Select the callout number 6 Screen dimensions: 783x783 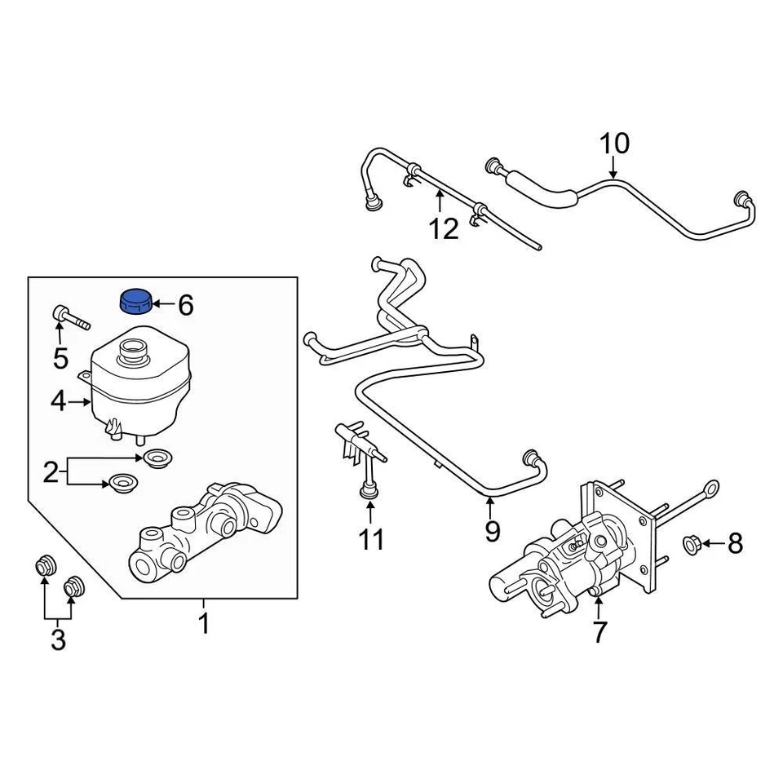[x=186, y=306]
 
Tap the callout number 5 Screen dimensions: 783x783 [x=60, y=357]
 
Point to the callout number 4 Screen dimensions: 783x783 [x=58, y=401]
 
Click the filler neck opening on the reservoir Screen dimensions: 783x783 [x=132, y=352]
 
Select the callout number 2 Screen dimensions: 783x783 [x=51, y=471]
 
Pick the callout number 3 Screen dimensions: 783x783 [x=57, y=640]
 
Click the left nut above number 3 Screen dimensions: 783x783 [x=45, y=564]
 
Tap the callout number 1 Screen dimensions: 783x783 [x=204, y=625]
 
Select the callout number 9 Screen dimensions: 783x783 [x=492, y=532]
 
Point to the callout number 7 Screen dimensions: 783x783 [x=599, y=631]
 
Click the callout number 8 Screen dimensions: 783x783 [x=735, y=543]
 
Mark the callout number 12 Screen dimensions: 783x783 [x=445, y=229]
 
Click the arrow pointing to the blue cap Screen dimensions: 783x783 [x=162, y=305]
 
